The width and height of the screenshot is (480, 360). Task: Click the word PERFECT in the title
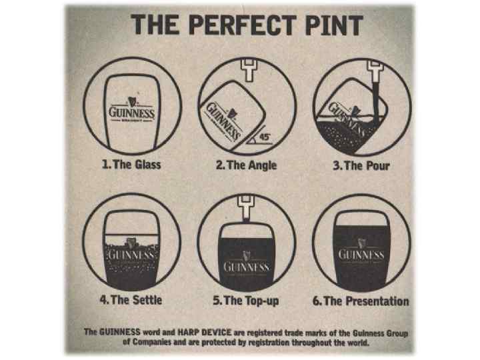point(243,25)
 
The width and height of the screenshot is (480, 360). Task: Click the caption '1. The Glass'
point(131,165)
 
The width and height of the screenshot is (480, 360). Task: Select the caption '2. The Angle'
point(247,165)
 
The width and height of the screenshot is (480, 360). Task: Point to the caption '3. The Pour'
point(361,166)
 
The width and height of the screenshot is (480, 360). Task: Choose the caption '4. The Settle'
point(131,300)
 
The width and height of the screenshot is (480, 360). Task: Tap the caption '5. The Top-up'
point(246,301)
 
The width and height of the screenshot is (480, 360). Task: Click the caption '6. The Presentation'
point(361,301)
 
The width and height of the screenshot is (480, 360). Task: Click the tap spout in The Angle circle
point(249,70)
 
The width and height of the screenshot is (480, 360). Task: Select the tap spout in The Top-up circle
point(246,208)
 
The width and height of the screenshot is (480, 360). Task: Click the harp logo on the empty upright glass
point(131,102)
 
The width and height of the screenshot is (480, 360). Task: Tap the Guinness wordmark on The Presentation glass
point(361,255)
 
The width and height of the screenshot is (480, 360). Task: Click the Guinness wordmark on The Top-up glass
point(247,267)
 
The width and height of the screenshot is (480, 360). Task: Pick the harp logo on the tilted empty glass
point(232,113)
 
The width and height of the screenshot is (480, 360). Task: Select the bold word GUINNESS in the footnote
point(120,332)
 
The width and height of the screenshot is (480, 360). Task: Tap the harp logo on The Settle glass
point(131,243)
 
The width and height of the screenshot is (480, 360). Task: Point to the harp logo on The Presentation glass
point(361,243)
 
